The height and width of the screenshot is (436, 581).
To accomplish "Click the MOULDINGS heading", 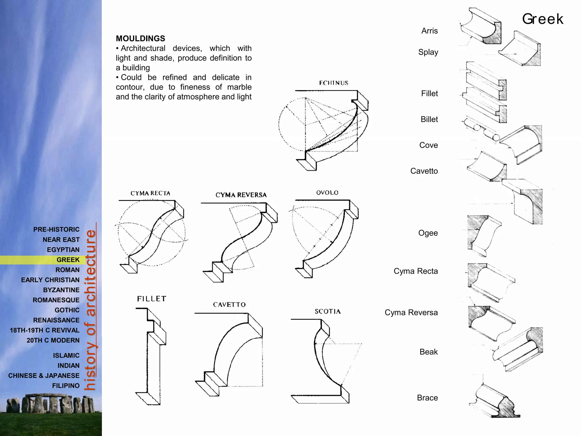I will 140,39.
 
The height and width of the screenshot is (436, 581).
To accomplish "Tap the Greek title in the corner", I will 542,19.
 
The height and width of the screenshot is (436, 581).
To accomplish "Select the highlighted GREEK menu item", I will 68,260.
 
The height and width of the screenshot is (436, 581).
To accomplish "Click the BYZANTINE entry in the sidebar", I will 61,290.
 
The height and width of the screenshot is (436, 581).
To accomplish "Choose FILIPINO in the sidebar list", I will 66,385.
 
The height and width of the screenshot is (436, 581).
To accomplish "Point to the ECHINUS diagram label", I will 334,83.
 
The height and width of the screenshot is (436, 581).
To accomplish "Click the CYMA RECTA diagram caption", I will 150,193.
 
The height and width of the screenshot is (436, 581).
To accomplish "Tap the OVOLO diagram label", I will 327,193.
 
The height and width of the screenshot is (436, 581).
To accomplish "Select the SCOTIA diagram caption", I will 328,311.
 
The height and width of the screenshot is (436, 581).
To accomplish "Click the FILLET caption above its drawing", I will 151,299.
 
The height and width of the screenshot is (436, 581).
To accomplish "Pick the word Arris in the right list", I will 429,31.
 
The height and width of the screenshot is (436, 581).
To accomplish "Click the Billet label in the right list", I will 429,119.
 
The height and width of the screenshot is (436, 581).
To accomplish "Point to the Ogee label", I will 428,233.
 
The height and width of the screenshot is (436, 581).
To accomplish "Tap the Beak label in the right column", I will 428,352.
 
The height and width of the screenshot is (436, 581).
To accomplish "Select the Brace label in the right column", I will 427,398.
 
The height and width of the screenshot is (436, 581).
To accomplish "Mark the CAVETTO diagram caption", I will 229,305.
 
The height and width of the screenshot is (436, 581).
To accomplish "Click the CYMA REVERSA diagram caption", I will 241,195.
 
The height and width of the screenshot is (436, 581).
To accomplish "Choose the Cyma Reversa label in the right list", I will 411,313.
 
